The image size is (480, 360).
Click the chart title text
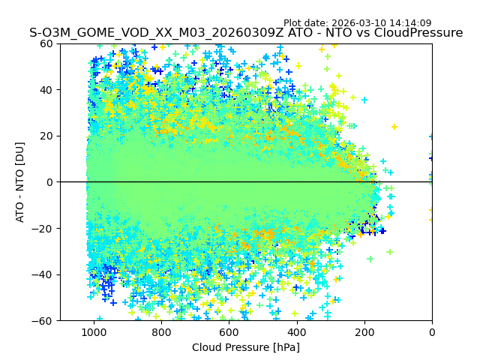246,33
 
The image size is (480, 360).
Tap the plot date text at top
357,23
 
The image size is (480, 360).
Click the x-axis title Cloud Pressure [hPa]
246,347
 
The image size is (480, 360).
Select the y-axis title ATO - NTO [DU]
20,182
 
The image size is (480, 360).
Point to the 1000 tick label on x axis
94,331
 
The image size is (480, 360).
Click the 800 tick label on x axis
161,331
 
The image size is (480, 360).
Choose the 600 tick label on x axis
229,331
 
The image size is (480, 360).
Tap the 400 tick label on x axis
297,331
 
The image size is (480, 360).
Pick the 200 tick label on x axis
364,331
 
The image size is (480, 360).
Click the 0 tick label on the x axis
432,331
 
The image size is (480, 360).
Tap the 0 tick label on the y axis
49,182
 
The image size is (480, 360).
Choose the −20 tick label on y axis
43,228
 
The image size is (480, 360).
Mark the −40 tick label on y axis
43,274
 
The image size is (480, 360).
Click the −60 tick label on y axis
43,320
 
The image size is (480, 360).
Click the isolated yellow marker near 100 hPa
394,127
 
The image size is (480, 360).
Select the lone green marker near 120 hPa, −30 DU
390,252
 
